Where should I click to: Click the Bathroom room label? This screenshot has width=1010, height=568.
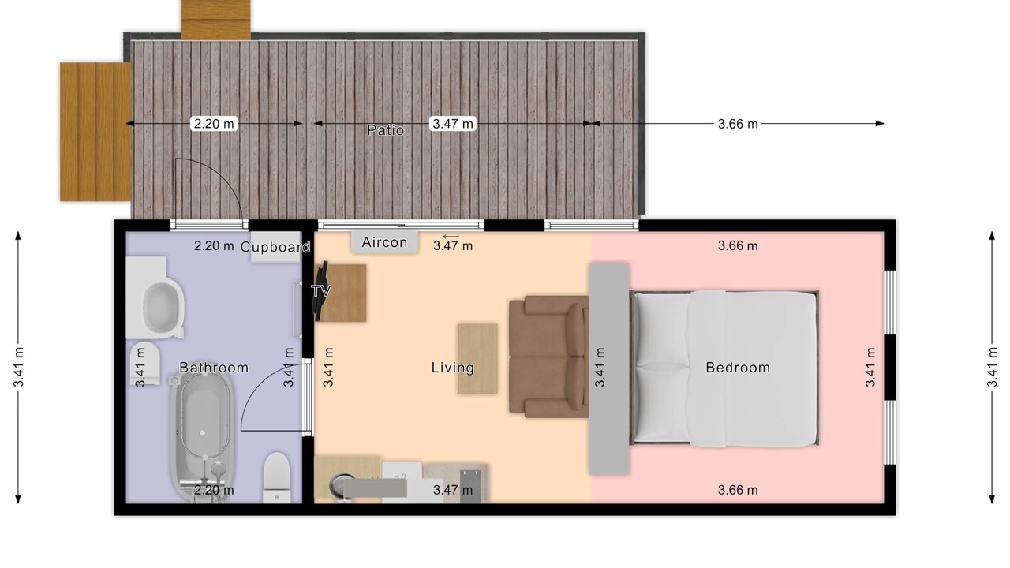click(x=214, y=368)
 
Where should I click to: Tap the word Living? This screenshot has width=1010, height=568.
click(x=453, y=368)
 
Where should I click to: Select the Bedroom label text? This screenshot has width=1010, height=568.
click(x=738, y=368)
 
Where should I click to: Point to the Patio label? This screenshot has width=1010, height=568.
click(x=386, y=130)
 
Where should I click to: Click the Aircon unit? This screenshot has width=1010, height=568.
click(x=384, y=242)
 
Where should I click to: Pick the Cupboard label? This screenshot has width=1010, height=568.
click(x=275, y=247)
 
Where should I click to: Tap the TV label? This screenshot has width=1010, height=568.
click(x=321, y=291)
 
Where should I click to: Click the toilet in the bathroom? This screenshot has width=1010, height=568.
click(x=276, y=478)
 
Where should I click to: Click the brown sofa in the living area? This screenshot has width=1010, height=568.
click(x=548, y=356)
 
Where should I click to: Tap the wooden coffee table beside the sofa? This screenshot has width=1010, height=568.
click(x=477, y=358)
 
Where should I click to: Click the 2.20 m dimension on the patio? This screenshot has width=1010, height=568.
click(x=214, y=124)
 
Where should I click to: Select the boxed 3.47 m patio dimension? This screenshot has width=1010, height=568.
click(x=453, y=124)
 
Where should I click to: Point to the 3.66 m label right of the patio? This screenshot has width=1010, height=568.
click(x=738, y=124)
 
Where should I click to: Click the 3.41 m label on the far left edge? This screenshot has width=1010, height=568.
click(x=18, y=367)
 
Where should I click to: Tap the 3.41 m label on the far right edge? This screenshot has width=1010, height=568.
click(x=992, y=367)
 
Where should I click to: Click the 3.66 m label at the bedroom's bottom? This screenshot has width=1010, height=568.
click(x=738, y=490)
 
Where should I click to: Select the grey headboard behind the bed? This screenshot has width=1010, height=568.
click(x=609, y=368)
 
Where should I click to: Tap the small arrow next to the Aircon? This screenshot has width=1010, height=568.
click(x=451, y=236)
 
